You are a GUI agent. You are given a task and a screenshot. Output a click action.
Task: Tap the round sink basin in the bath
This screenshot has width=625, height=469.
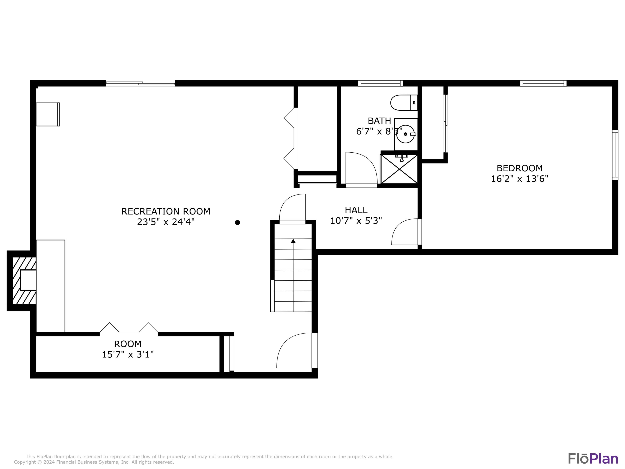pyautogui.click(x=405, y=134)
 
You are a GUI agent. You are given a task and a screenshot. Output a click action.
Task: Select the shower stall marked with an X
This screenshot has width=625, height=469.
pyautogui.click(x=399, y=169)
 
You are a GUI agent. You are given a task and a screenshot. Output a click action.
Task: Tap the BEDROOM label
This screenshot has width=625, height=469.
pyautogui.click(x=519, y=168)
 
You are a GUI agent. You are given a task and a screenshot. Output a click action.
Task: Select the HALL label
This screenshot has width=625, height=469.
pyautogui.click(x=356, y=210)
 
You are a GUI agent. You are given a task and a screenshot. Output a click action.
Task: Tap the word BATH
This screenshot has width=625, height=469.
pyautogui.click(x=379, y=121)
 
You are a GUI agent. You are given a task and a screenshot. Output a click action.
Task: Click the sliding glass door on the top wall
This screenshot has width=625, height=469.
pyautogui.click(x=140, y=83)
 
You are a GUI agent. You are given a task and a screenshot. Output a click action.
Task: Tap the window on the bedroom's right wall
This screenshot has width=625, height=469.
pyautogui.click(x=615, y=155)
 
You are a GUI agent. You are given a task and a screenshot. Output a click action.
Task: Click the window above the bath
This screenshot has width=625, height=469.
pyautogui.click(x=381, y=83)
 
